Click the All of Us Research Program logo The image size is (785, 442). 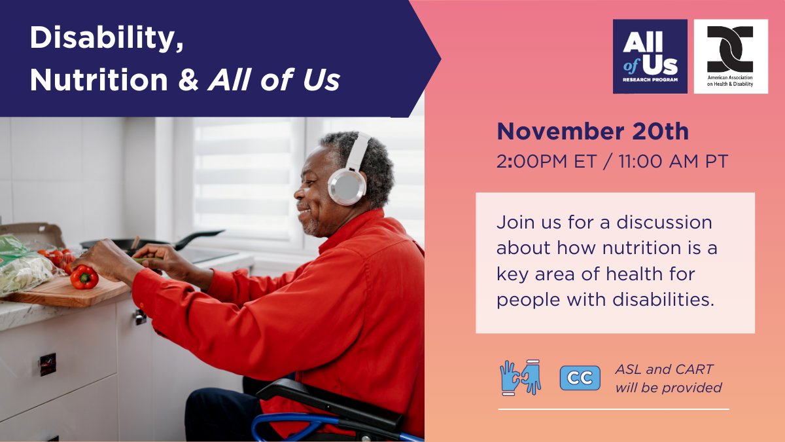(x=650, y=56)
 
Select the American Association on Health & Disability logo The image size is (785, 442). (x=731, y=56)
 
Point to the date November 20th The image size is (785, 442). (x=592, y=132)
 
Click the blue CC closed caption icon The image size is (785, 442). (x=580, y=378)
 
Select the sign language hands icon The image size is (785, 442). (x=521, y=377)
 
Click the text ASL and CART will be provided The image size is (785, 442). (x=668, y=378)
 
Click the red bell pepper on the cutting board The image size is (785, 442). (x=84, y=277)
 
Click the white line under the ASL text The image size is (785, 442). (x=613, y=409)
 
